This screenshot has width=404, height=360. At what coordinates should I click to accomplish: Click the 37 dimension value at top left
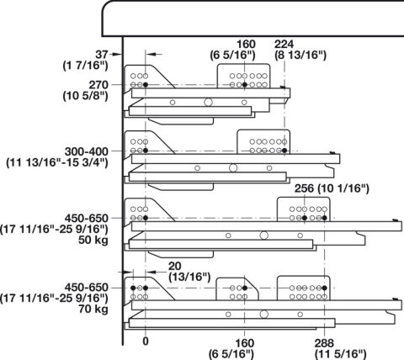pyautogui.click(x=102, y=55)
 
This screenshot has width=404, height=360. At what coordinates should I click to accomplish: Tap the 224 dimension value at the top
pyautogui.click(x=284, y=44)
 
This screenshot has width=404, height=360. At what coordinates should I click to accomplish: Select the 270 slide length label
pyautogui.click(x=98, y=85)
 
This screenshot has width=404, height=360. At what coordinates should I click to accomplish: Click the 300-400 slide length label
pyautogui.click(x=87, y=151)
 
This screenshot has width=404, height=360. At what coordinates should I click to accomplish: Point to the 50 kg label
pyautogui.click(x=93, y=241)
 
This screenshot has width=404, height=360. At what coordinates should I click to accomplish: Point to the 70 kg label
pyautogui.click(x=93, y=310)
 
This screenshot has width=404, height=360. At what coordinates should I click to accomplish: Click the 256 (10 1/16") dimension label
pyautogui.click(x=332, y=188)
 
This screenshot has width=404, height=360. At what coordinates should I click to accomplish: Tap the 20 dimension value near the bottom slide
pyautogui.click(x=175, y=266)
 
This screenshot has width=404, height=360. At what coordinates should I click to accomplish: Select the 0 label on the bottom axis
pyautogui.click(x=146, y=341)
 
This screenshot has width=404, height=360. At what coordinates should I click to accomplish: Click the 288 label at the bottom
pyautogui.click(x=324, y=343)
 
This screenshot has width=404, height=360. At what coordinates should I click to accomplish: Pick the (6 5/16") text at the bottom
pyautogui.click(x=231, y=354)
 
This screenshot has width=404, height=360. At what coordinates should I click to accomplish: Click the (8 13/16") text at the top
pyautogui.click(x=300, y=55)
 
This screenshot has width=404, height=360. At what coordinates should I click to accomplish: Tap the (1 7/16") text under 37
pyautogui.click(x=85, y=66)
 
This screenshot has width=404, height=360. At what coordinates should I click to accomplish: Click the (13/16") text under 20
pyautogui.click(x=189, y=277)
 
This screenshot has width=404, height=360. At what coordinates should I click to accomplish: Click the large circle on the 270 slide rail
pyautogui.click(x=208, y=103)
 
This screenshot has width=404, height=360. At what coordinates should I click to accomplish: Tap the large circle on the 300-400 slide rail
pyautogui.click(x=233, y=168)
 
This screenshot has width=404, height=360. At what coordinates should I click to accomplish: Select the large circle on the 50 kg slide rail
pyautogui.click(x=264, y=236)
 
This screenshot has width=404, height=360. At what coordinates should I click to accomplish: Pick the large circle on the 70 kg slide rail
pyautogui.click(x=264, y=315)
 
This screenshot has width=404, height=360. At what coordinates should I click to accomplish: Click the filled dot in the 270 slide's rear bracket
pyautogui.click(x=245, y=85)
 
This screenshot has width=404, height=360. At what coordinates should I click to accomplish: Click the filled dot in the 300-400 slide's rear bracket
pyautogui.click(x=284, y=151)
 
